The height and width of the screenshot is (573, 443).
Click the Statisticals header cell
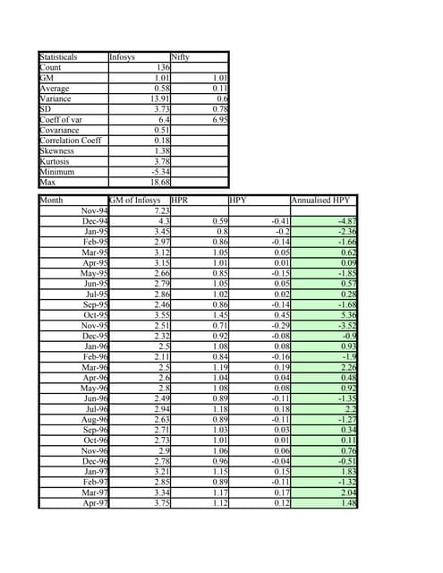coord(58,56)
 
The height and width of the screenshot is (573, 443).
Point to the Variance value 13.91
coord(160,98)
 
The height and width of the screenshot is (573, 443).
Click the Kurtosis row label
coord(56,161)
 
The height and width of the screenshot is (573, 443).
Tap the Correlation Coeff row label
coord(71,141)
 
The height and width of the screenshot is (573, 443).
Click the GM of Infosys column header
coord(135,201)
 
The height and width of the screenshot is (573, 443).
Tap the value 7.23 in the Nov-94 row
coord(162,210)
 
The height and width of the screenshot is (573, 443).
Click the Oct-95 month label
coord(95,315)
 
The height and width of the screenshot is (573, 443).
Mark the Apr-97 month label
coord(95,503)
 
